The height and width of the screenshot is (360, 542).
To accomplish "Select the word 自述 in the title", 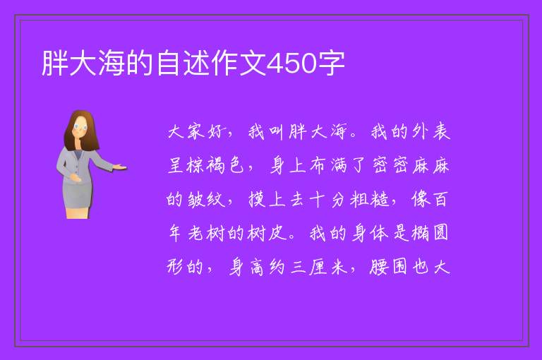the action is pyautogui.click(x=183, y=63).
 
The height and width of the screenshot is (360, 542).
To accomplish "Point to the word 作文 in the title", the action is pyautogui.click(x=239, y=63).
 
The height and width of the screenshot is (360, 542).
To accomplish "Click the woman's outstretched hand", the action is pyautogui.click(x=120, y=168).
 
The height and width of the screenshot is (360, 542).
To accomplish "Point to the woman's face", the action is pyautogui.click(x=80, y=127).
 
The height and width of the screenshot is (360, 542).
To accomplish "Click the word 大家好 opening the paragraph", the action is pyautogui.click(x=196, y=132).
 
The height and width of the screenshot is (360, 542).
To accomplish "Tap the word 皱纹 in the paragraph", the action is pyautogui.click(x=206, y=200).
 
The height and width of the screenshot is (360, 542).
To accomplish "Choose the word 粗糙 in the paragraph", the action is pyautogui.click(x=369, y=200).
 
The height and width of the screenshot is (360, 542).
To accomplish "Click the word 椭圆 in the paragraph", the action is pyautogui.click(x=430, y=233).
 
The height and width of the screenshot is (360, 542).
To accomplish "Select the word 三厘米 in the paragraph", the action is pyautogui.click(x=319, y=267).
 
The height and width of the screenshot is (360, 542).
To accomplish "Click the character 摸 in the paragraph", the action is pyautogui.click(x=257, y=200).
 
